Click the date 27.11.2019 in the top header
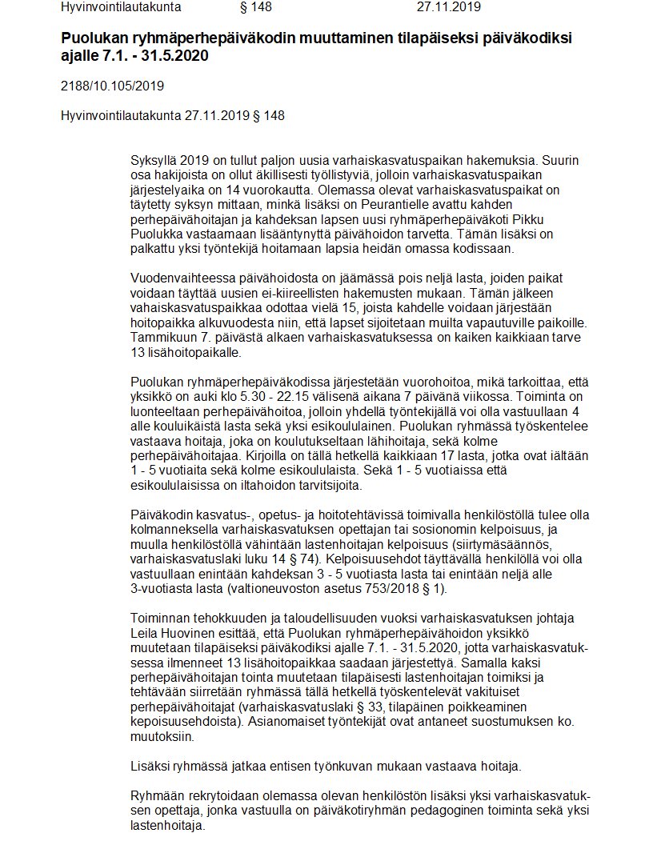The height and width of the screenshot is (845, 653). point(448,7)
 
